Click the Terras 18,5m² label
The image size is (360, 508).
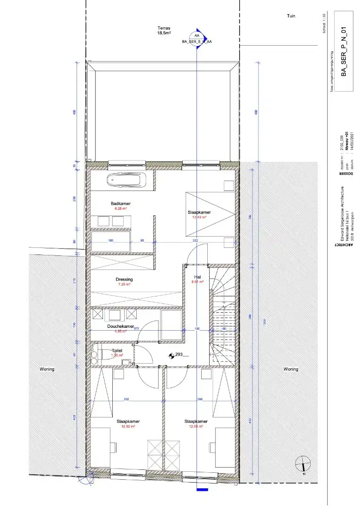pyautogui.click(x=164, y=31)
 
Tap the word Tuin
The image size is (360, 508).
pyautogui.click(x=291, y=16)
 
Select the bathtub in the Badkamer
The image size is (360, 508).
pyautogui.click(x=126, y=180)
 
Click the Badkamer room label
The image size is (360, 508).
pyautogui.click(x=120, y=204)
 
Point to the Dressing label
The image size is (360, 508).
pyautogui.click(x=124, y=279)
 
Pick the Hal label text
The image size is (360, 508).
pyautogui.click(x=198, y=278)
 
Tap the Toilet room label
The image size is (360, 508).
pyautogui.click(x=117, y=351)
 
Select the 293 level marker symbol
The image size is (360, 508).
pyautogui.click(x=172, y=356)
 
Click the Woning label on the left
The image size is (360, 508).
pyautogui.click(x=47, y=369)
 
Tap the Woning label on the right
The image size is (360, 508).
pyautogui.click(x=290, y=369)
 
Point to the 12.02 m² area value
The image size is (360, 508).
pyautogui.click(x=128, y=426)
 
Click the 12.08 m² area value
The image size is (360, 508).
pyautogui.click(x=196, y=426)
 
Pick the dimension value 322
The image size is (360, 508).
pyautogui.click(x=195, y=241)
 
